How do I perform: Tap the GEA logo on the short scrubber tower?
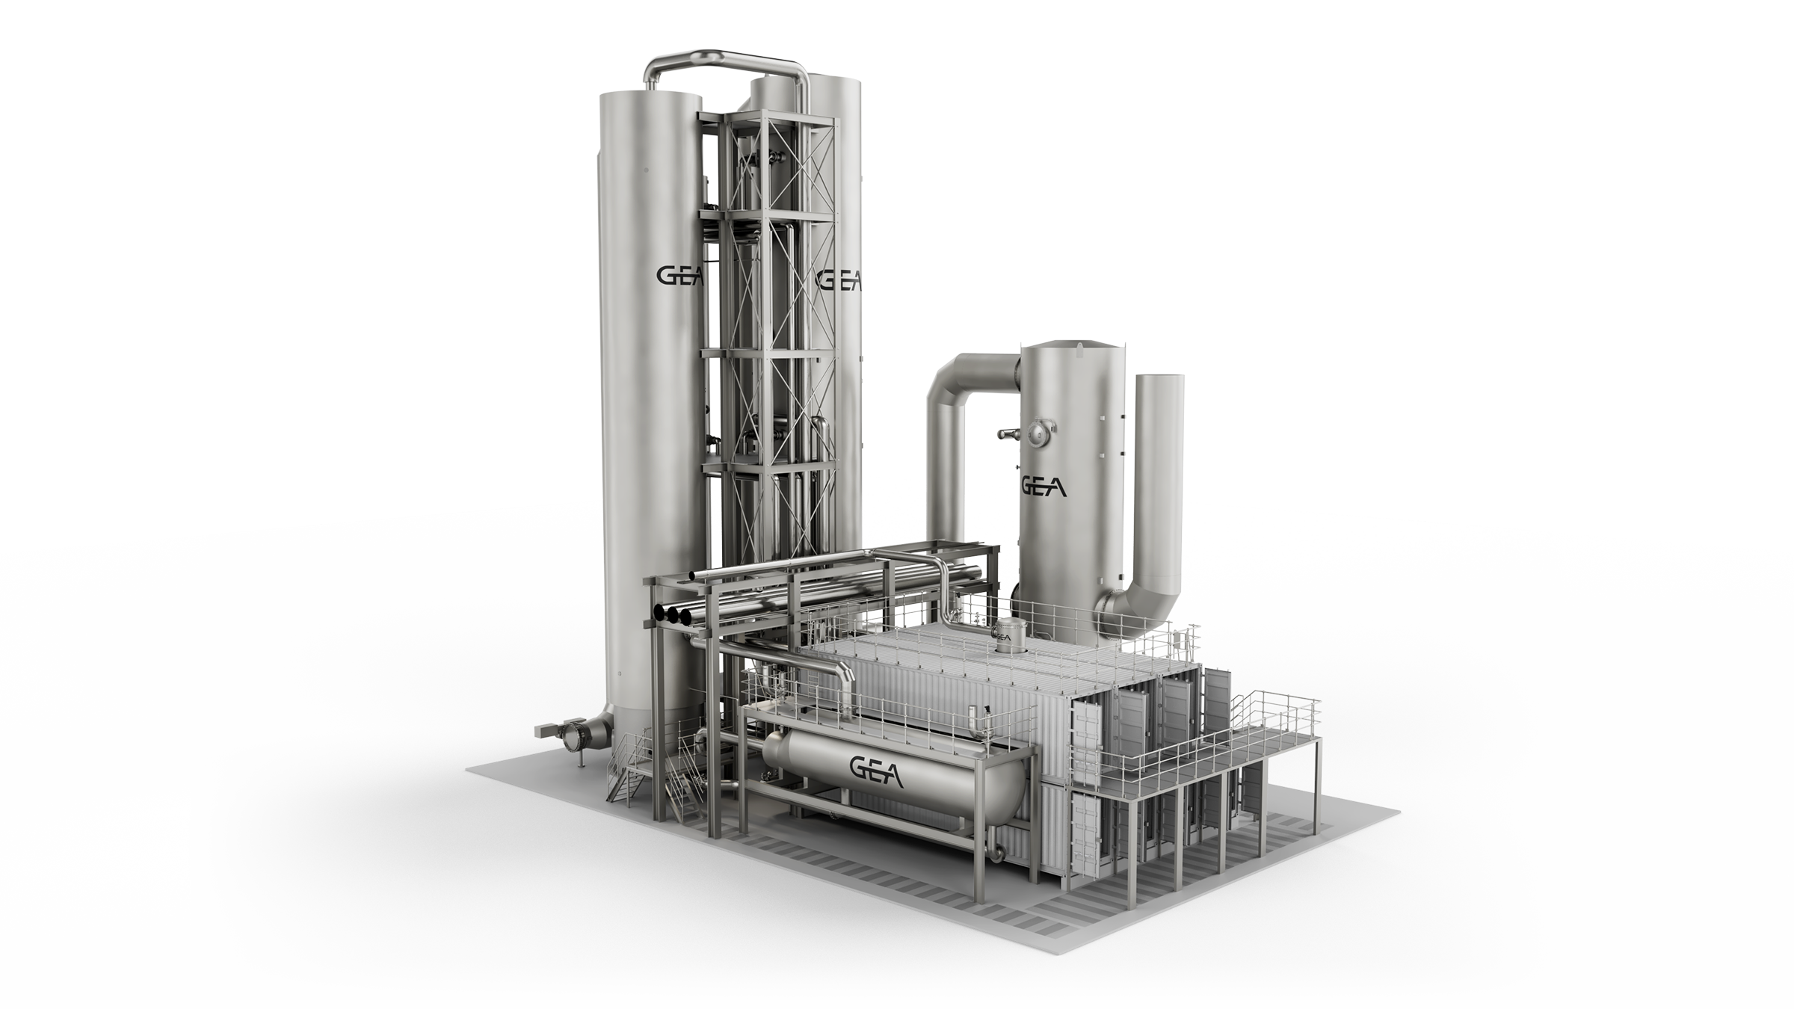[x=1044, y=486]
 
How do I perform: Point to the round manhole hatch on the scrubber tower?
[x=1040, y=429]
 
